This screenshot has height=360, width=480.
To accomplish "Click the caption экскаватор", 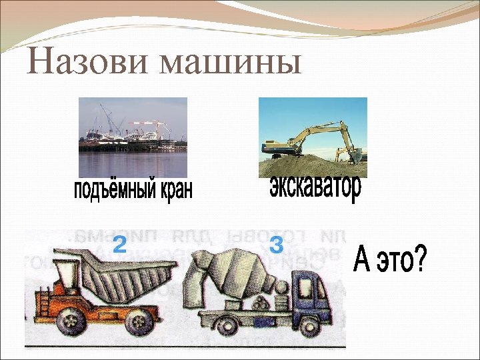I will point(316,187).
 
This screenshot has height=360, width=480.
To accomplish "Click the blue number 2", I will point(119,245).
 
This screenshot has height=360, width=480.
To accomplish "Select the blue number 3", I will point(277,245).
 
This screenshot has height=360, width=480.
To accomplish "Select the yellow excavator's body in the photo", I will point(280,148).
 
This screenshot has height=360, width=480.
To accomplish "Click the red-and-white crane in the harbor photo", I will point(143,125).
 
